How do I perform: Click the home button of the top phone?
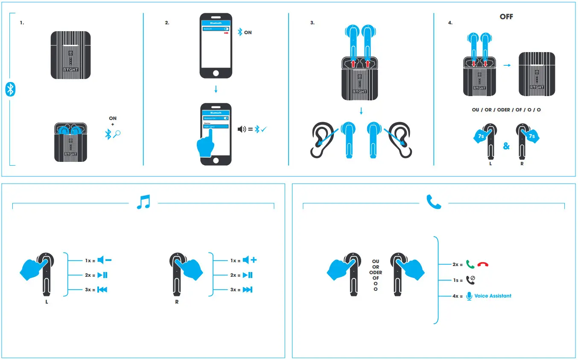[x=216, y=73]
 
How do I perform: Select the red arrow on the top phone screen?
[x=226, y=32]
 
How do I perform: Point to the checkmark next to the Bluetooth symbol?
[x=264, y=129]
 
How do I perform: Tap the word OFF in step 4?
[x=506, y=17]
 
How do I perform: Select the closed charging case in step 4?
[x=537, y=74]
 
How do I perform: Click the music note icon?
[x=144, y=202]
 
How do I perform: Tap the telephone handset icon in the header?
[x=434, y=202]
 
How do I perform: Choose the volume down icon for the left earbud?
[x=104, y=260]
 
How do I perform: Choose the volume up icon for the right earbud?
[x=249, y=260]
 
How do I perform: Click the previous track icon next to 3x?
[x=102, y=290]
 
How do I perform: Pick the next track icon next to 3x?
[x=248, y=290]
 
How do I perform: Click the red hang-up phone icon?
[x=483, y=265]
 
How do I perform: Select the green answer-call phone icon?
[x=470, y=265]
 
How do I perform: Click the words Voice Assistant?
[x=493, y=296]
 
